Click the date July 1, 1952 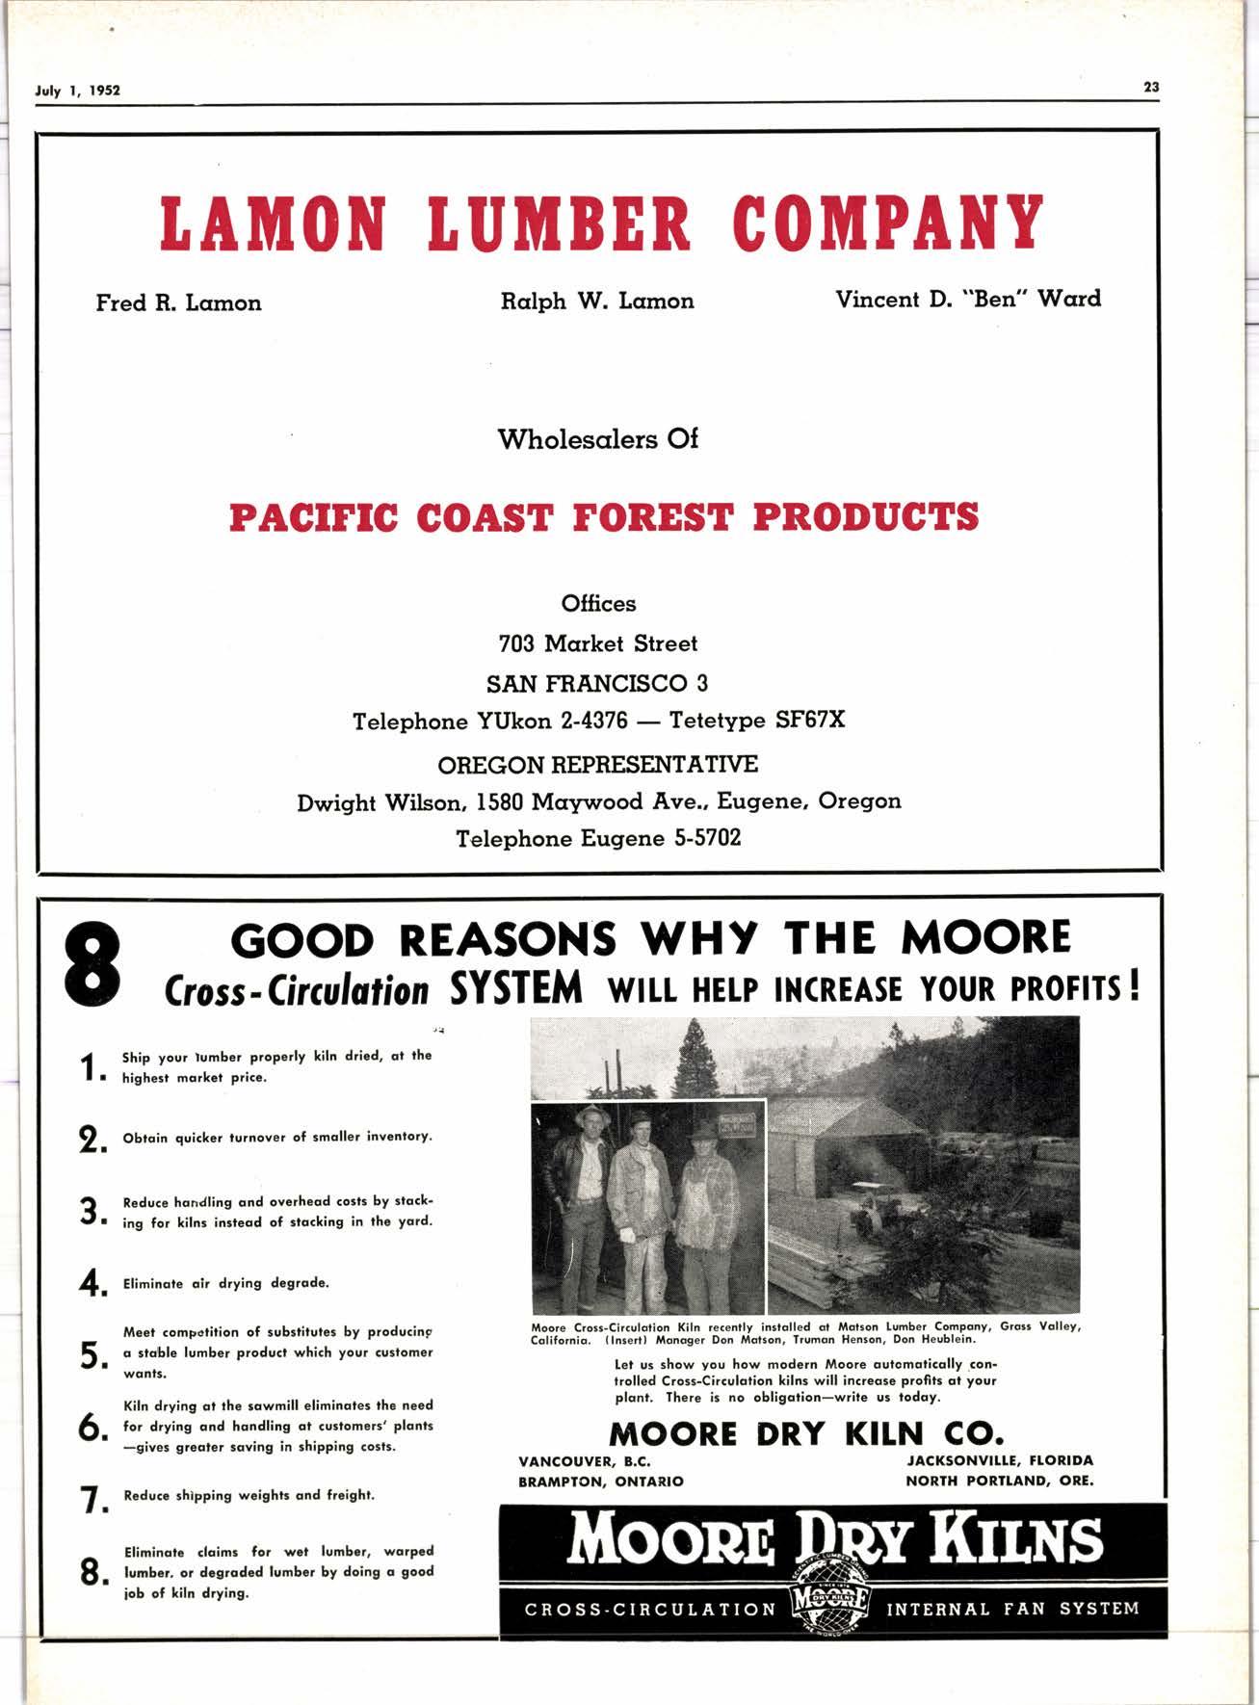tap(78, 92)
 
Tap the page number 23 tap(1151, 87)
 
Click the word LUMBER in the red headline tap(560, 223)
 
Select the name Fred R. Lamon tap(178, 303)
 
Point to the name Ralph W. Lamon tap(597, 302)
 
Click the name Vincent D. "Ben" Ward tap(968, 299)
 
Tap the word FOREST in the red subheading tap(652, 517)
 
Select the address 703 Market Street tap(597, 643)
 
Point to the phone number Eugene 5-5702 tap(661, 839)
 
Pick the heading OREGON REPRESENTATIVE tap(597, 765)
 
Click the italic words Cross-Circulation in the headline tap(297, 991)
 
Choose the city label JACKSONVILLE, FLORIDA tap(1000, 1460)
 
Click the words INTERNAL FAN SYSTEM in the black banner tap(1012, 1609)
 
